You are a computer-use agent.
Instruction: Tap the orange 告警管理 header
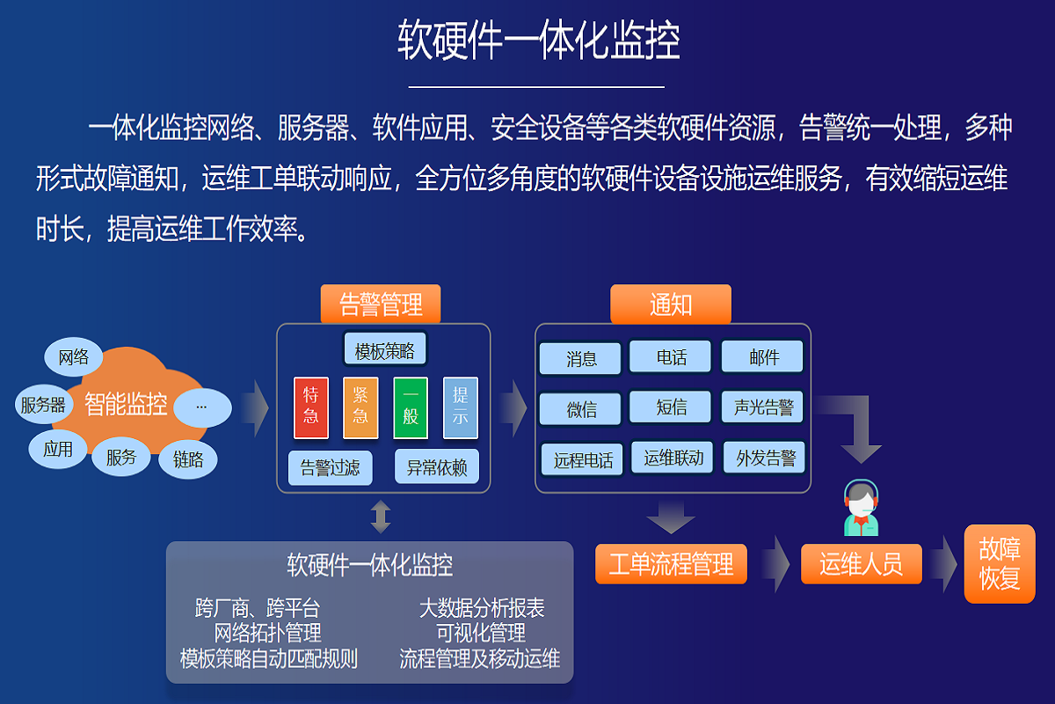(x=381, y=304)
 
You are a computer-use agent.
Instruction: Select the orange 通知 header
(x=671, y=304)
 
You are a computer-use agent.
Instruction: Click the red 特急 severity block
(x=311, y=407)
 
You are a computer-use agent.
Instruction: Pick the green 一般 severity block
(x=410, y=407)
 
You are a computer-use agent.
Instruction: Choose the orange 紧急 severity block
(x=360, y=407)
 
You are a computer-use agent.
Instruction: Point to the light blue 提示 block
(x=460, y=407)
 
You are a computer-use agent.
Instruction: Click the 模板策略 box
(x=384, y=350)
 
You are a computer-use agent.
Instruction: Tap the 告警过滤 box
(x=331, y=467)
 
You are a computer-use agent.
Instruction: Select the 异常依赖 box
(x=437, y=467)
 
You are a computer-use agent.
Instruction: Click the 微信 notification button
(x=581, y=409)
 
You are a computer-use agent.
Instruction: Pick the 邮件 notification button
(x=763, y=357)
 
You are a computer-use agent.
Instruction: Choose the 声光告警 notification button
(x=763, y=407)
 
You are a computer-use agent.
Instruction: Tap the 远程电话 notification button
(x=583, y=459)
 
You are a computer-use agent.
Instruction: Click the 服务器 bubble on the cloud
(x=44, y=405)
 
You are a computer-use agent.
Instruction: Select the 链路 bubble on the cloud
(x=188, y=459)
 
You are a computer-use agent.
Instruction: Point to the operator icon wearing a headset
(x=862, y=510)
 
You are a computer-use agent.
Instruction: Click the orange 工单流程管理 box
(x=671, y=564)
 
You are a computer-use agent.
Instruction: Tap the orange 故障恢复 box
(x=1000, y=564)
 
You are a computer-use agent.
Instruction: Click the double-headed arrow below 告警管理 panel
(x=381, y=517)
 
